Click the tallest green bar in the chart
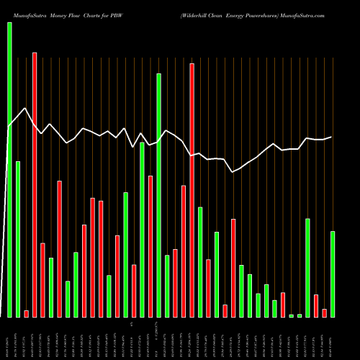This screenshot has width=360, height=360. point(9,169)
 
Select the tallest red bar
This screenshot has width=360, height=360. point(35,184)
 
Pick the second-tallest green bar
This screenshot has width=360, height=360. point(158,194)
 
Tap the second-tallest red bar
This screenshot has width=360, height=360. point(192,190)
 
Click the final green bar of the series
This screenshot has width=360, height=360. point(333,274)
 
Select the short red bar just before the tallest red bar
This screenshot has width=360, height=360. point(26,313)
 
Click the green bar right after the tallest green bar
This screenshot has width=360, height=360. point(18,239)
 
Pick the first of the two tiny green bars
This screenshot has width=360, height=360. point(292,315)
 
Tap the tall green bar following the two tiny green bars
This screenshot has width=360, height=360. point(308,267)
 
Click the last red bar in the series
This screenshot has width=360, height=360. point(325,312)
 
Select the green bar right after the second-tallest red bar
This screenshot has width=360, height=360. point(200,261)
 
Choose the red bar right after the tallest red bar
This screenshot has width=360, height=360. point(42,280)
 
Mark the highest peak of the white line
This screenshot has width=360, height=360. point(25,109)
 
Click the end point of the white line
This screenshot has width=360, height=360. point(332,137)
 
